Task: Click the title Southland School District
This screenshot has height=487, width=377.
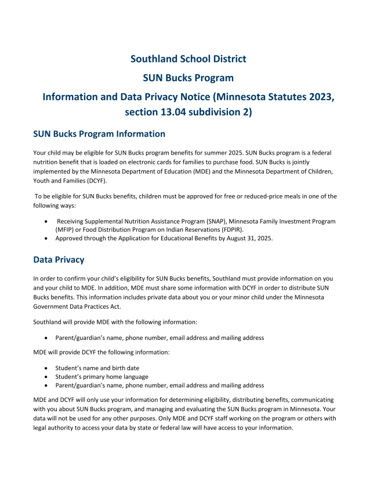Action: pos(188,59)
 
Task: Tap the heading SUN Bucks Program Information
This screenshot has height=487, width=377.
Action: pos(99,134)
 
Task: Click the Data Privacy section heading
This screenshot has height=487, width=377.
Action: pos(59,260)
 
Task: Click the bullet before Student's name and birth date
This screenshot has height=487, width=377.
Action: pos(46,368)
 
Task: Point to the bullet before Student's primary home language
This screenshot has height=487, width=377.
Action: pos(46,377)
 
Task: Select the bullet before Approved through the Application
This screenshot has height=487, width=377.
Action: pos(46,238)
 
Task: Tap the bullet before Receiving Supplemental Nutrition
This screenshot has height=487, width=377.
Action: pos(46,221)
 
